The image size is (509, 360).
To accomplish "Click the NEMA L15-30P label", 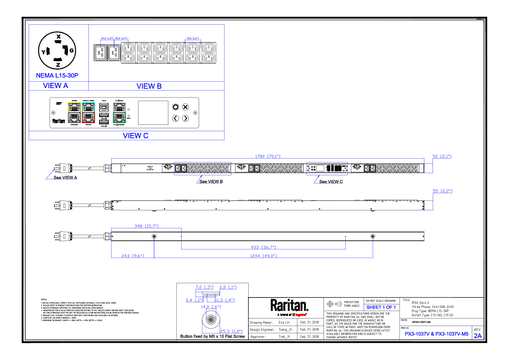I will (57, 76).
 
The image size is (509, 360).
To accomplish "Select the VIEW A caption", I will (56, 86).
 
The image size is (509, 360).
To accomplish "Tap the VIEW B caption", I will (149, 86).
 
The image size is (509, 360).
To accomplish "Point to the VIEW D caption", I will (135, 136).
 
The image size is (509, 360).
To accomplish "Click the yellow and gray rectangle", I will (74, 112).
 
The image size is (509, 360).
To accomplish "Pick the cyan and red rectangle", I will (88, 112).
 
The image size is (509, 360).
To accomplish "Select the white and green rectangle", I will (119, 112).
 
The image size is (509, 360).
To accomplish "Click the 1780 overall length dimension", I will (268, 156).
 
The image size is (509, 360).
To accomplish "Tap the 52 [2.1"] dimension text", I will (442, 156).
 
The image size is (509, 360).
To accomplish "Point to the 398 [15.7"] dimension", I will (147, 226).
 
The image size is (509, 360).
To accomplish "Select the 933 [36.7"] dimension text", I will (263, 247).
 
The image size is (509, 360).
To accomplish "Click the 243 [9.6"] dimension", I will (133, 256).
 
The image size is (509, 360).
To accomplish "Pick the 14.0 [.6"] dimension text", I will (211, 307).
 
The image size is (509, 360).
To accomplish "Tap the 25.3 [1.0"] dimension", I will (231, 331).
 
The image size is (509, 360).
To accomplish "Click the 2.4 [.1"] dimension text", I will (194, 300).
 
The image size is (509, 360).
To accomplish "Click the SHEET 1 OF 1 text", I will (381, 307).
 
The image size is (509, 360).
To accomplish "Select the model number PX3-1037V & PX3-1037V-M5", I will (436, 334).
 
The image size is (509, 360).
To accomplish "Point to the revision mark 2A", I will (478, 336).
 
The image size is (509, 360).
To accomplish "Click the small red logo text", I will (300, 315).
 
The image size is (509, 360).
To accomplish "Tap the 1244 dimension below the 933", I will (263, 256).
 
